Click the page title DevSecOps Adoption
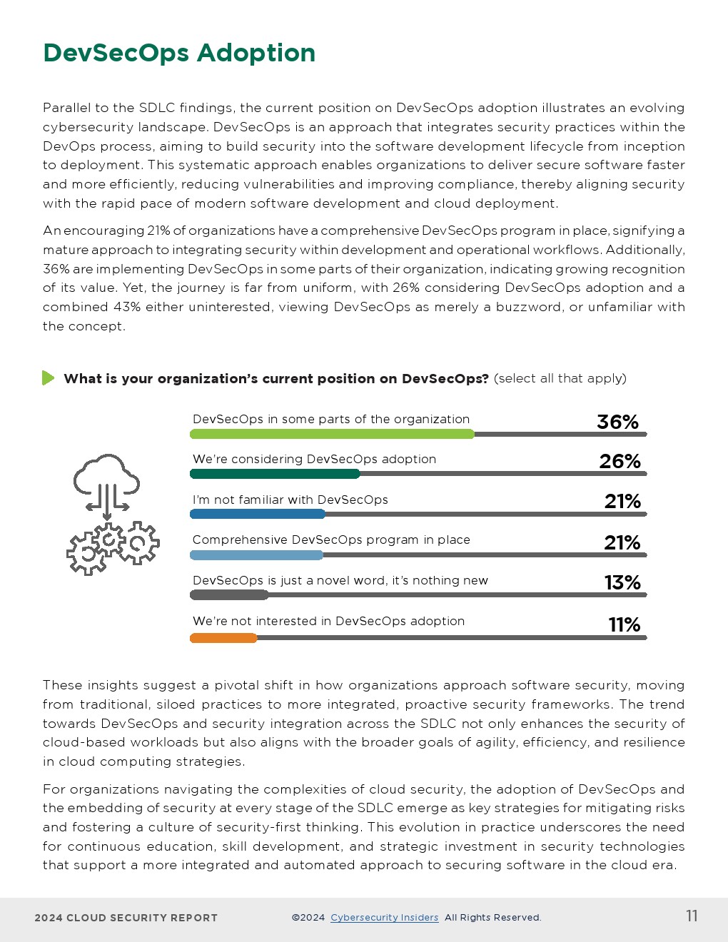179,53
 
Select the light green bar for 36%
332,434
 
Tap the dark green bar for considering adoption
275,474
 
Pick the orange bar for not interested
223,638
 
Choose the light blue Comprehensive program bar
256,555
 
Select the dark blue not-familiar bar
258,514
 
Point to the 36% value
617,422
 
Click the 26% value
620,462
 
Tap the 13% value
622,583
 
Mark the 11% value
624,625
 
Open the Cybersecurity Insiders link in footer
384,918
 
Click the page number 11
692,916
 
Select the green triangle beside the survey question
48,378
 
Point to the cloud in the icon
107,473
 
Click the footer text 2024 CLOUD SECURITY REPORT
126,918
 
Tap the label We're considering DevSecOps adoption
314,459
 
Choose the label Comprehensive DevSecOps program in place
331,540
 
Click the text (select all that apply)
560,378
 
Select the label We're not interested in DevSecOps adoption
328,621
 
